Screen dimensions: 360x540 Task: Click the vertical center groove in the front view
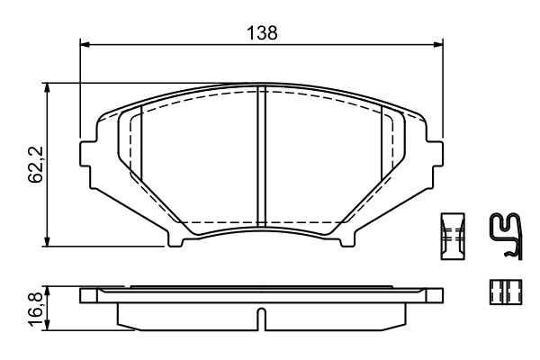260,157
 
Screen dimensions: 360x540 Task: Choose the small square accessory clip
499,291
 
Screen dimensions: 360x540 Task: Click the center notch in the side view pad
260,318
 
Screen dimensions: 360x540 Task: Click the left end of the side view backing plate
85,295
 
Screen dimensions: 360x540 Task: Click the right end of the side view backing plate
440,295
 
